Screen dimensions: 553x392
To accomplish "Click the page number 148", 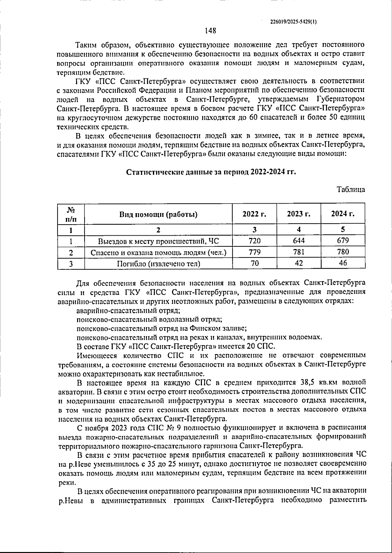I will [x=210, y=31].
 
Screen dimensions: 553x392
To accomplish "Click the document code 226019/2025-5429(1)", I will [x=293, y=22].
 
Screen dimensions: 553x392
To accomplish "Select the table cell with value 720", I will [x=254, y=241].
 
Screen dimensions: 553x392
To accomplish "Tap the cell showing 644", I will [x=299, y=241].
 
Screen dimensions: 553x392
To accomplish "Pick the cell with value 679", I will [x=343, y=241].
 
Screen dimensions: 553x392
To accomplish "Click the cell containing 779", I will [x=254, y=252].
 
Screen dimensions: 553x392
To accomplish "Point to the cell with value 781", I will [x=299, y=252].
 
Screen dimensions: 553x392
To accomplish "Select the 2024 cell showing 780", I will [x=343, y=252].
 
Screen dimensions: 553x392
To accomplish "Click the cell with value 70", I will [x=254, y=263].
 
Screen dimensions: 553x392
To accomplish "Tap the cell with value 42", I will [x=299, y=263].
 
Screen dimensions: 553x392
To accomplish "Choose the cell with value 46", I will [x=343, y=263].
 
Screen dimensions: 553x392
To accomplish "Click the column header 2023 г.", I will [x=299, y=214].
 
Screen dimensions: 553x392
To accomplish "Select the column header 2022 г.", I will [x=254, y=214].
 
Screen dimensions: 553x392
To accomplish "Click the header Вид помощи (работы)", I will [x=158, y=214].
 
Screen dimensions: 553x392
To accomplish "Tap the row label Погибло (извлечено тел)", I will [x=158, y=263].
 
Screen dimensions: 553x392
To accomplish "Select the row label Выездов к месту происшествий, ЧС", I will [x=158, y=241].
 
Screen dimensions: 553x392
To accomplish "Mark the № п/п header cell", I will [x=71, y=214].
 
